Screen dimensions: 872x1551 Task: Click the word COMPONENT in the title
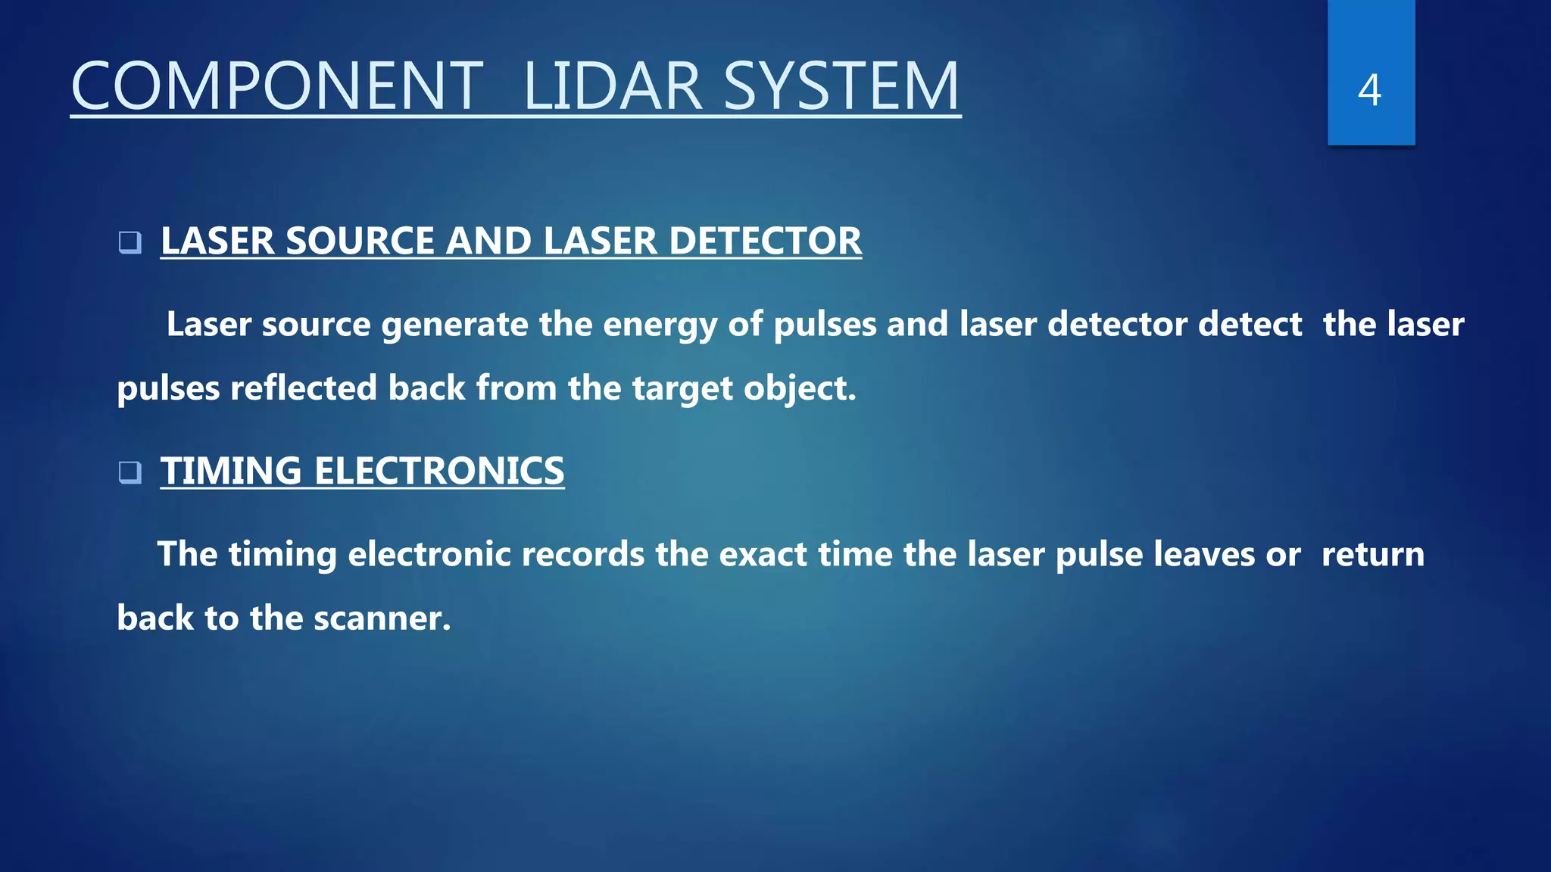click(x=276, y=86)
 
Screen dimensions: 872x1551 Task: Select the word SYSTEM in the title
click(x=841, y=86)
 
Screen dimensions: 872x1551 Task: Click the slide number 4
click(x=1369, y=90)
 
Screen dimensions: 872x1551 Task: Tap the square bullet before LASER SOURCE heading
click(x=130, y=242)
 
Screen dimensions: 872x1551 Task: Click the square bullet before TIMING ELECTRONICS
click(x=130, y=472)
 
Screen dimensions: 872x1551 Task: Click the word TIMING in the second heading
click(x=231, y=471)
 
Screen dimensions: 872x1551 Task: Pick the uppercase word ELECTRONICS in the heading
click(x=439, y=471)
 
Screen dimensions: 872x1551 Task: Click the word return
click(x=1372, y=555)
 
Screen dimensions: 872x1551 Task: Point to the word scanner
click(x=382, y=618)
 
